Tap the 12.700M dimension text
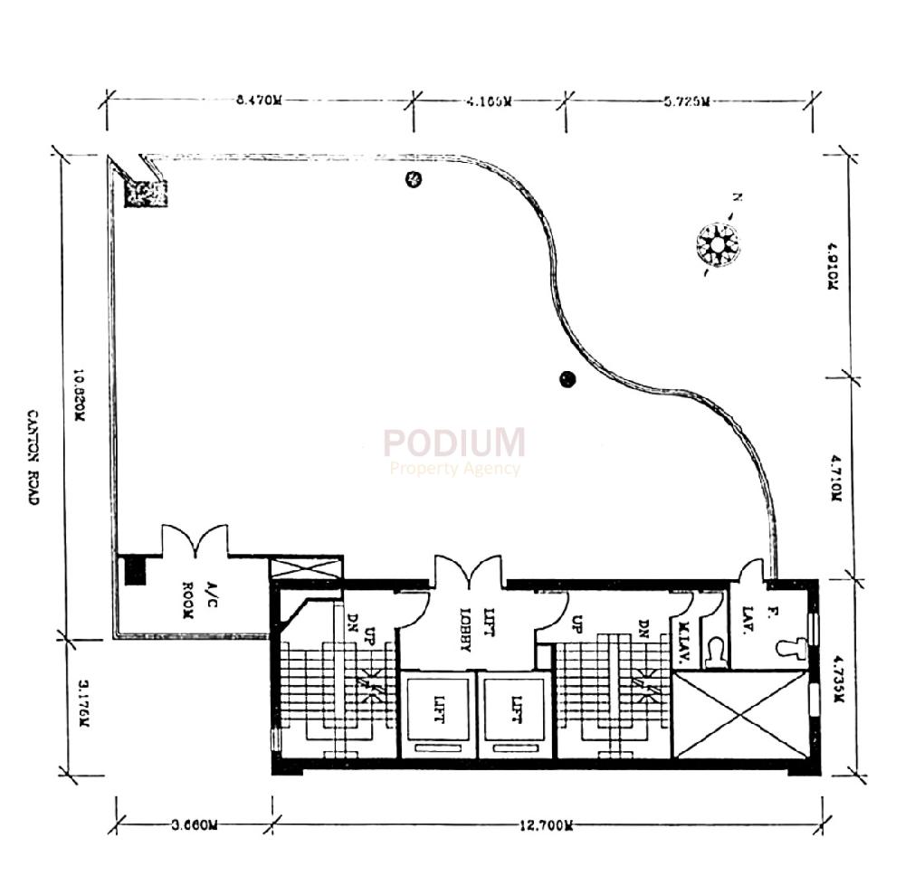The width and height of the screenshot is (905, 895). [x=548, y=824]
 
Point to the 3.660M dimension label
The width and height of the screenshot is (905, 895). [x=195, y=824]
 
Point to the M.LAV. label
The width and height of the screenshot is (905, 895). [x=685, y=645]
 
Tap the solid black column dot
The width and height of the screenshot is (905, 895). [x=567, y=379]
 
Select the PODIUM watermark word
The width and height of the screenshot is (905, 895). [x=452, y=443]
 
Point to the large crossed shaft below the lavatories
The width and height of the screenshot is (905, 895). [x=741, y=717]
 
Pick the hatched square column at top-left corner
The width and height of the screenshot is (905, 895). [x=145, y=194]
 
